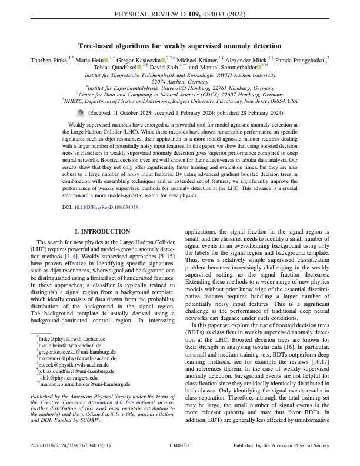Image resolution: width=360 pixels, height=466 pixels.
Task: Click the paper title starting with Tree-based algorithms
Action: click(x=180, y=46)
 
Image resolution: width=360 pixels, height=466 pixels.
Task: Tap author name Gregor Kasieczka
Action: click(x=136, y=60)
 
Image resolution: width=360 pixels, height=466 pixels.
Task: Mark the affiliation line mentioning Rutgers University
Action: click(x=180, y=101)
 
